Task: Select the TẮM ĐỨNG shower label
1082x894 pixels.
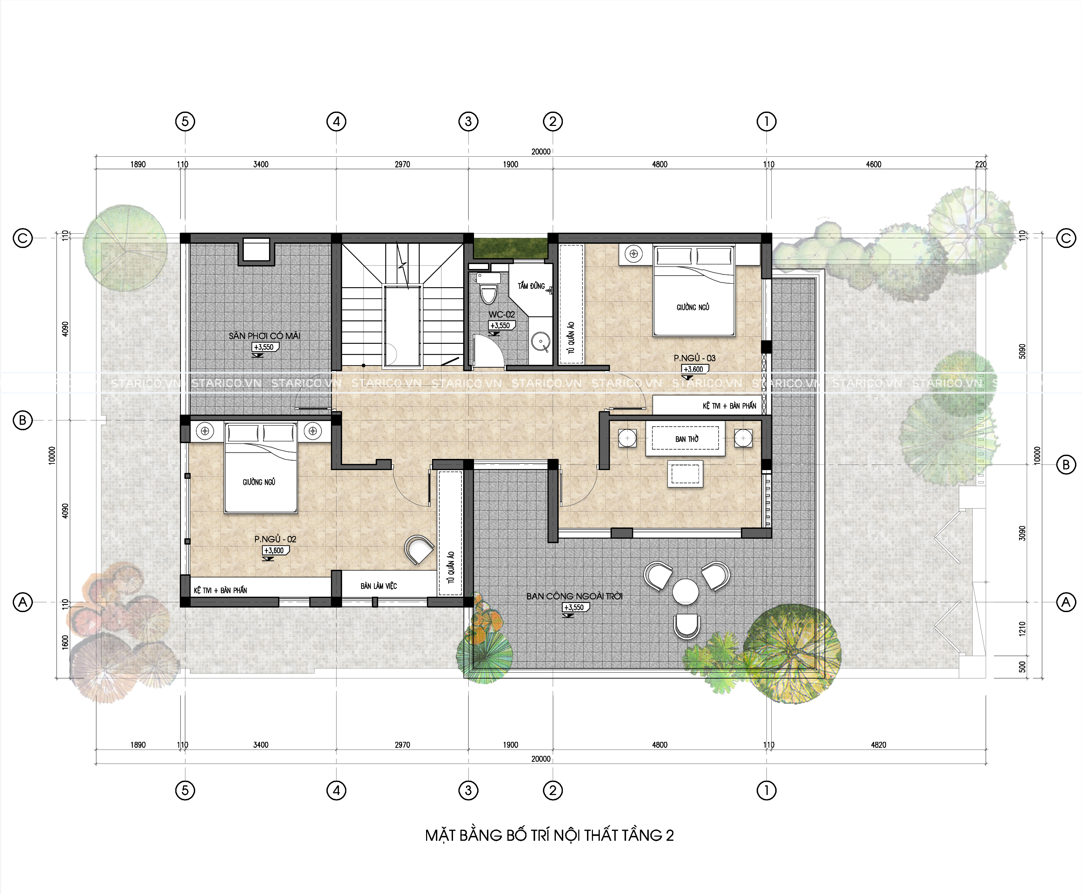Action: (x=531, y=286)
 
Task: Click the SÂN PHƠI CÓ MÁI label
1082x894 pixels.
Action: (x=264, y=336)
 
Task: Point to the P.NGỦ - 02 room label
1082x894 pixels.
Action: (x=275, y=539)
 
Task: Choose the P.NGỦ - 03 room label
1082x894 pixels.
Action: (x=694, y=358)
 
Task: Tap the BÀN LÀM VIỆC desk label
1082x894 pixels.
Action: (x=379, y=586)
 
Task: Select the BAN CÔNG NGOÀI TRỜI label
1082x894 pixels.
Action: (x=574, y=596)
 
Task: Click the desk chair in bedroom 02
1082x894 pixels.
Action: (x=419, y=549)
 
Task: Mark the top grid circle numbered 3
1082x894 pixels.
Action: (x=468, y=121)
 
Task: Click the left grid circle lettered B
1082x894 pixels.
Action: (x=22, y=420)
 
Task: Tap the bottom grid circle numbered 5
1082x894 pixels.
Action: (x=185, y=790)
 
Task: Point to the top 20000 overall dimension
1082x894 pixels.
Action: (x=541, y=151)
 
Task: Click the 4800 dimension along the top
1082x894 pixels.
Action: (x=660, y=164)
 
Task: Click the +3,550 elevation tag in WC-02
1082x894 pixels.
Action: (x=501, y=326)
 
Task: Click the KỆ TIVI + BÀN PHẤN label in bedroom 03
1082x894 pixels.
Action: (x=729, y=406)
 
